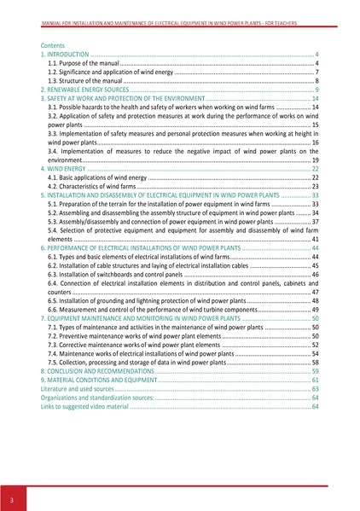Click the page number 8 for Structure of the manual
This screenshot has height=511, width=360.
click(316, 81)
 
